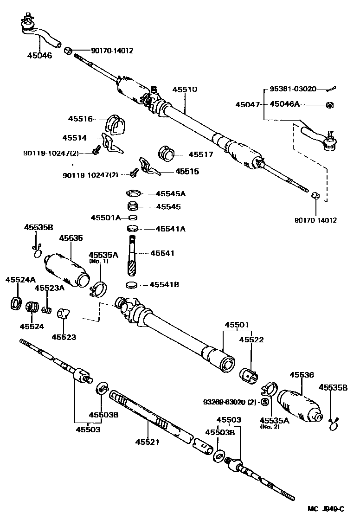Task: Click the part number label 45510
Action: [185, 90]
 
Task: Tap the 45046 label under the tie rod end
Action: [39, 56]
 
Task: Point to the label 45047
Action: [248, 105]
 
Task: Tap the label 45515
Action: [187, 172]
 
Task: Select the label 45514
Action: [75, 138]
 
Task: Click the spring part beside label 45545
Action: [134, 206]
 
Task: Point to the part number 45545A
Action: [170, 193]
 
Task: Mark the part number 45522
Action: [251, 340]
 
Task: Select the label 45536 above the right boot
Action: [302, 375]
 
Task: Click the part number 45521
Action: [147, 442]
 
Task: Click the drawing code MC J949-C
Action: [326, 509]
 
